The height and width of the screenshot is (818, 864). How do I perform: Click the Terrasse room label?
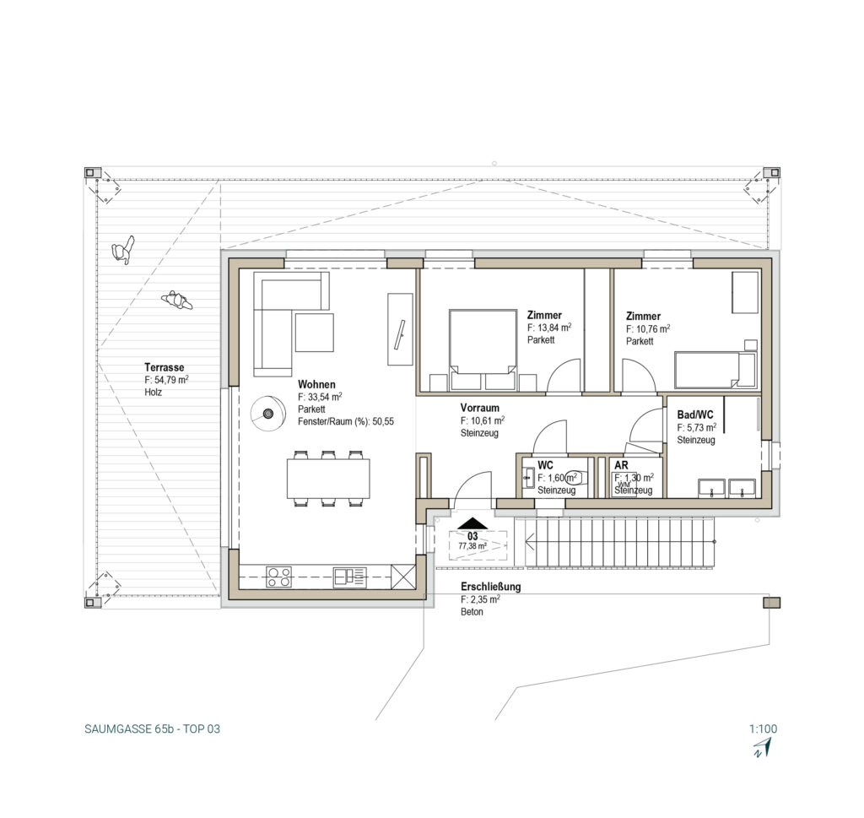tap(165, 367)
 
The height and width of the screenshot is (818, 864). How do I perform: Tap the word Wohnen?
tap(316, 384)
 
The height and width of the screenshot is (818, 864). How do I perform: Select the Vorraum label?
tap(480, 408)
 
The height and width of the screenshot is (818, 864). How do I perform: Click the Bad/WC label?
tap(695, 414)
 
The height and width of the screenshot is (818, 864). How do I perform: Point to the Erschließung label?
tap(490, 587)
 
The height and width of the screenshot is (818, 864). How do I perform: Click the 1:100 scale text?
tap(763, 729)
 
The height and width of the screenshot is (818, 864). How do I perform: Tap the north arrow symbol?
tap(763, 747)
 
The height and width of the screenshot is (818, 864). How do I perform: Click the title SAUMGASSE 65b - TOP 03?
tap(152, 729)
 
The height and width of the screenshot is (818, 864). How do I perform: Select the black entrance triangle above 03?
tap(472, 523)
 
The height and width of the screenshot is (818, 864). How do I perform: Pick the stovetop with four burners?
tap(278, 577)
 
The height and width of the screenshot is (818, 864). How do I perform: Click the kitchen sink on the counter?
tap(350, 577)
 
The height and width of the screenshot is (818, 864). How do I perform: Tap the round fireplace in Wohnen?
tap(268, 414)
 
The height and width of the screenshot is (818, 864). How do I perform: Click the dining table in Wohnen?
tap(328, 479)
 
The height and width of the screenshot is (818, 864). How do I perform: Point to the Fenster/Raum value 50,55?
tap(384, 422)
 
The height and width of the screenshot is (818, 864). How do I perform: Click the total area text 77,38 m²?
tap(472, 546)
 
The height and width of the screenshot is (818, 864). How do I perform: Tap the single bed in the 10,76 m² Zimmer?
tap(715, 371)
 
